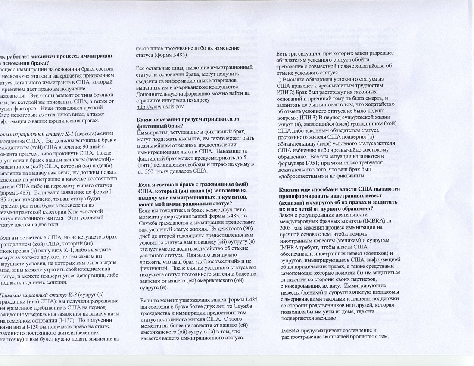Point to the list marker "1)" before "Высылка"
click(x=279, y=80)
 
